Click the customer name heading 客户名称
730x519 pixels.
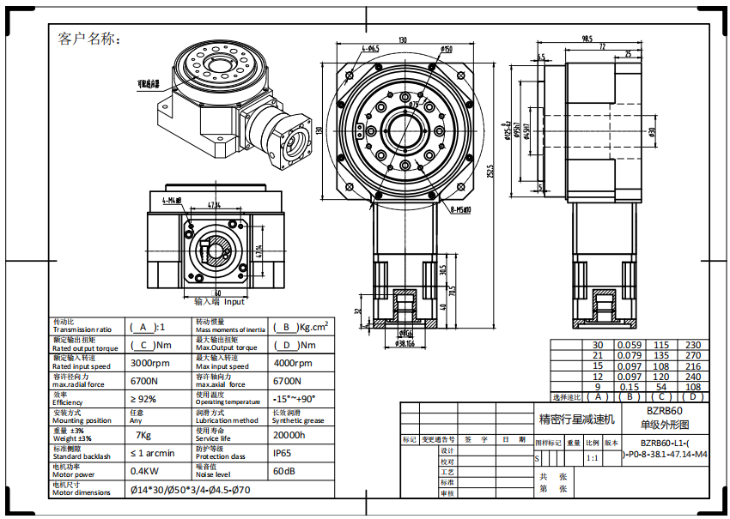point(88,39)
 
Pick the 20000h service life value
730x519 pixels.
point(289,435)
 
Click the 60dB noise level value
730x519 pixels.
point(286,471)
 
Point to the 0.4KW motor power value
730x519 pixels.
point(149,471)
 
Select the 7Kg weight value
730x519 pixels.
point(144,435)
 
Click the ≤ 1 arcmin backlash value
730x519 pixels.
point(152,453)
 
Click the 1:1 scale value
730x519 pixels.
point(592,458)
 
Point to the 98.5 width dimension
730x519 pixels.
point(587,39)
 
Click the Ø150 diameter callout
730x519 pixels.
point(447,50)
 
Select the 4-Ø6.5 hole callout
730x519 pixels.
point(370,49)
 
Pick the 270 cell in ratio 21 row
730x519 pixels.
point(693,355)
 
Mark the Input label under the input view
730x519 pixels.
point(234,301)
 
